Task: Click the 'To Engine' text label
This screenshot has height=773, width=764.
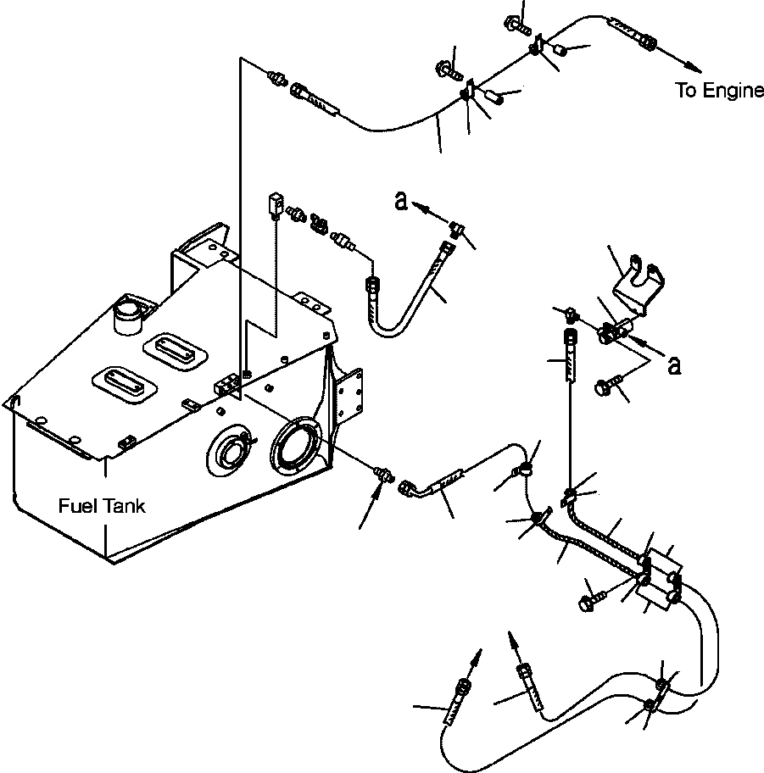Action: coord(718,91)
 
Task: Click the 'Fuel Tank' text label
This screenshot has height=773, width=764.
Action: coord(102,506)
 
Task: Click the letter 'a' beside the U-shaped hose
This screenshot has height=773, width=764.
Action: coord(401,201)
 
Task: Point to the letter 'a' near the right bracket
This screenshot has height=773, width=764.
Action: coord(674,366)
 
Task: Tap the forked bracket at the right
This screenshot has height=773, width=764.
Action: coord(638,285)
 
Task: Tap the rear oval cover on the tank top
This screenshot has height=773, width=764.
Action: coord(175,351)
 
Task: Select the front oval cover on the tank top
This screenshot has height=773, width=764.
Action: coord(124,384)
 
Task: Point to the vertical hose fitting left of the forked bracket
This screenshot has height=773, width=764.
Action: coord(570,356)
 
